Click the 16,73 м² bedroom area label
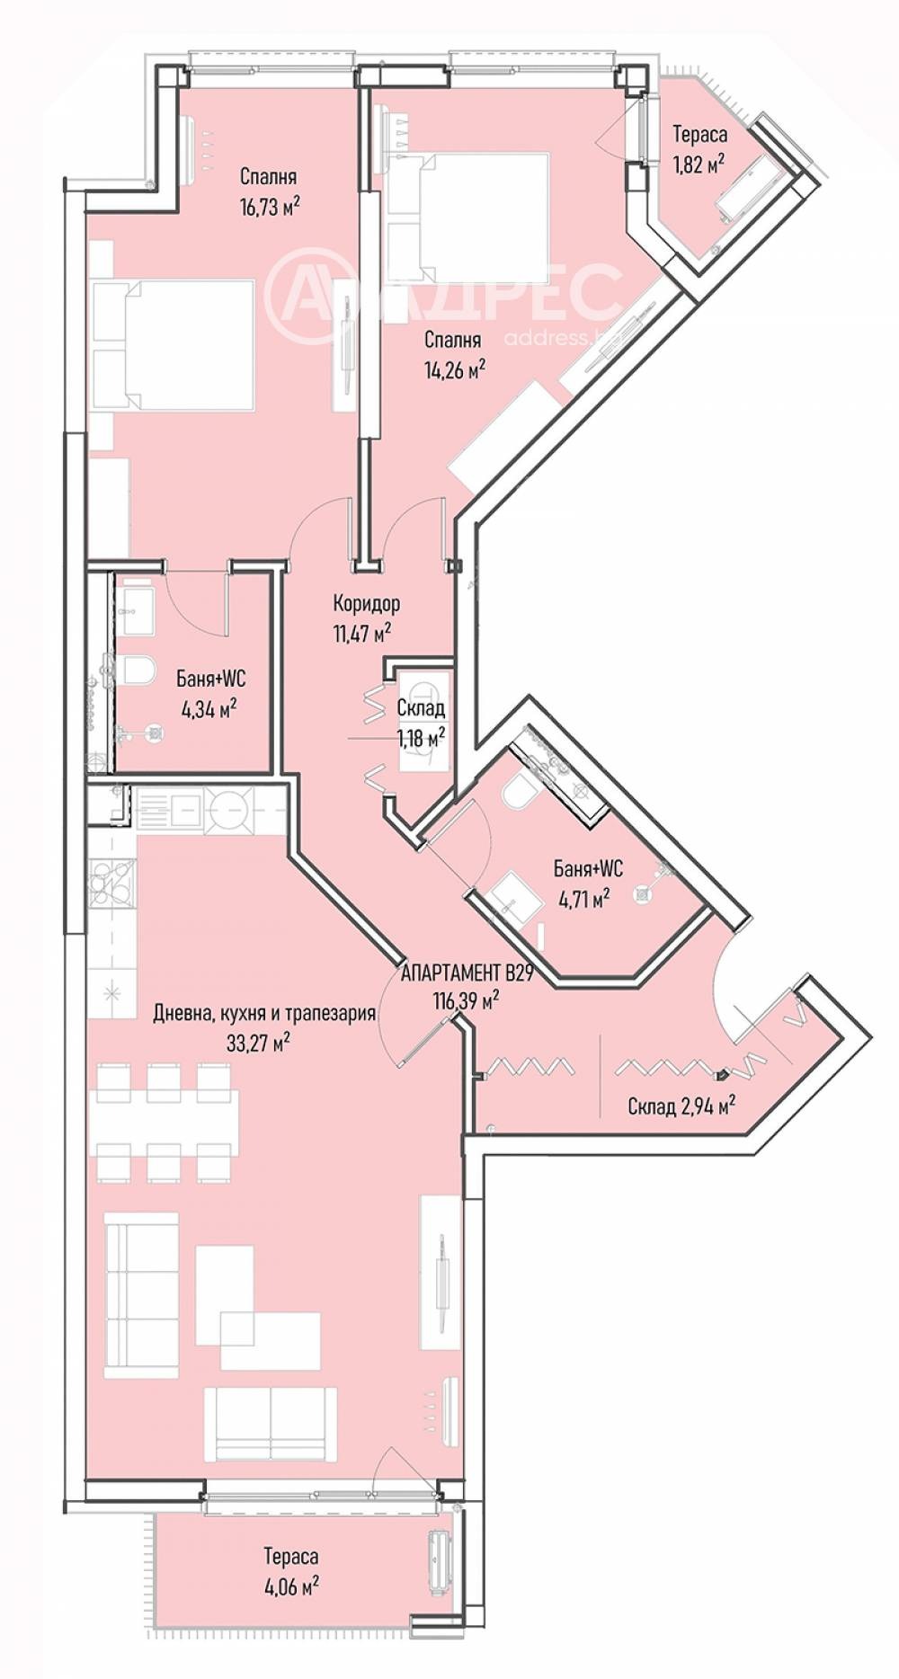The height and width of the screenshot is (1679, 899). point(269,206)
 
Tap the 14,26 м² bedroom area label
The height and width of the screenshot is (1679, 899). point(455,369)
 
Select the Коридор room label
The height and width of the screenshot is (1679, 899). point(367,603)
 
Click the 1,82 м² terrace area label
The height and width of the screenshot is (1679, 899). point(699,163)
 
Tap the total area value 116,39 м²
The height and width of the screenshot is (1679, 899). point(466,999)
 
